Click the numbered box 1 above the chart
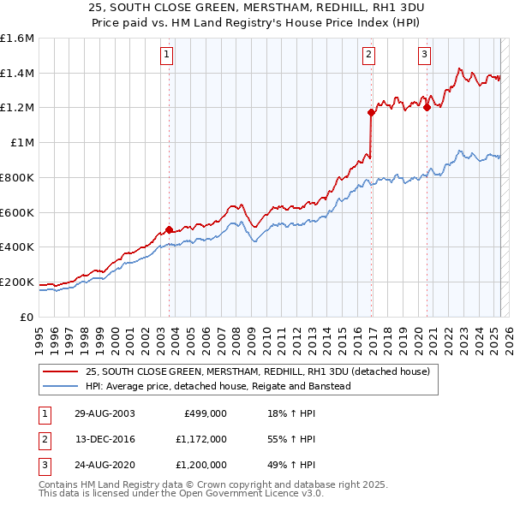pyautogui.click(x=166, y=56)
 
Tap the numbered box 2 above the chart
pyautogui.click(x=368, y=56)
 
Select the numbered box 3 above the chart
pyautogui.click(x=424, y=56)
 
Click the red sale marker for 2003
pyautogui.click(x=169, y=229)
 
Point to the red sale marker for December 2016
pyautogui.click(x=371, y=112)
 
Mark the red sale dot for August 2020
pyautogui.click(x=427, y=107)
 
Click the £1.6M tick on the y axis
pyautogui.click(x=17, y=39)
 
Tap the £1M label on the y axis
pyautogui.click(x=22, y=143)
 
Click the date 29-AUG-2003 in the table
pyautogui.click(x=105, y=413)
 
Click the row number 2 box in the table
pyautogui.click(x=43, y=439)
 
